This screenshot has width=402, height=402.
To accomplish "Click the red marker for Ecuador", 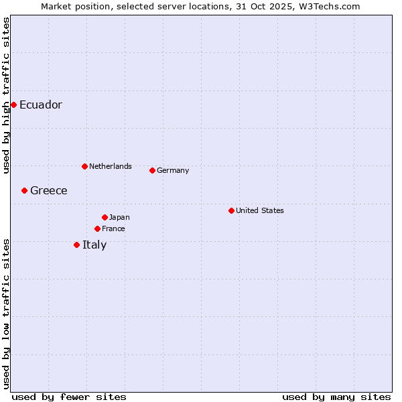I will pyautogui.click(x=13, y=105).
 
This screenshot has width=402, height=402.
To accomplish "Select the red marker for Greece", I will pyautogui.click(x=25, y=190).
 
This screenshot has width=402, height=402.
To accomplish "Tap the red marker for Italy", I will pyautogui.click(x=77, y=245).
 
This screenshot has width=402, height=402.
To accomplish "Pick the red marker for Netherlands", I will pyautogui.click(x=84, y=166).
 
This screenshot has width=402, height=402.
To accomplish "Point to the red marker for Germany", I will pyautogui.click(x=152, y=170).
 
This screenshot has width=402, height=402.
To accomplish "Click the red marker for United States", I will pyautogui.click(x=231, y=210).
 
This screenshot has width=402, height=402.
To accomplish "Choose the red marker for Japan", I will pyautogui.click(x=105, y=217).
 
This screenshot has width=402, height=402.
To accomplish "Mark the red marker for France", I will pyautogui.click(x=98, y=228).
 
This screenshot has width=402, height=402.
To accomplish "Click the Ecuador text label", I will pyautogui.click(x=41, y=105).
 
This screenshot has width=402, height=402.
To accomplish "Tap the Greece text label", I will pyautogui.click(x=49, y=190).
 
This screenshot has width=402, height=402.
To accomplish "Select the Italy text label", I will pyautogui.click(x=94, y=245).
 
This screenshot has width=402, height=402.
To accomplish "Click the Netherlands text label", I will pyautogui.click(x=111, y=166).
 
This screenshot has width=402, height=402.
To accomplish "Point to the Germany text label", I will pyautogui.click(x=173, y=170).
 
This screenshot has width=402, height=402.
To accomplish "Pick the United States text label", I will pyautogui.click(x=260, y=210).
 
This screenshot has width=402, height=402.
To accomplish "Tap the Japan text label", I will pyautogui.click(x=119, y=217).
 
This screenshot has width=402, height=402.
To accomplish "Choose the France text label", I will pyautogui.click(x=114, y=228).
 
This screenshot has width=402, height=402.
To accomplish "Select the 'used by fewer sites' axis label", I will pyautogui.click(x=69, y=397).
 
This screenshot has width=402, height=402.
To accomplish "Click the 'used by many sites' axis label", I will pyautogui.click(x=336, y=397).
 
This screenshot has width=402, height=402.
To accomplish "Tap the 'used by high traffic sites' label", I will pyautogui.click(x=6, y=95).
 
